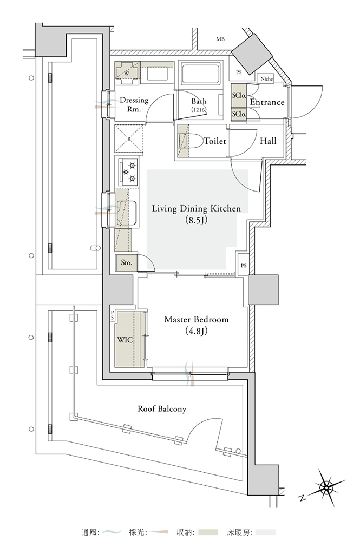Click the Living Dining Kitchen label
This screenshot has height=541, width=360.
tap(196, 214)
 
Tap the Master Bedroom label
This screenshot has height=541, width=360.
tap(197, 325)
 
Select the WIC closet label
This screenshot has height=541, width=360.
tap(125, 340)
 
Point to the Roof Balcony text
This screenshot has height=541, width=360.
tap(162, 409)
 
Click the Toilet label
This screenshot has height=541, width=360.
tap(215, 141)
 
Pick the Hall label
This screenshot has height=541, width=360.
tap(268, 141)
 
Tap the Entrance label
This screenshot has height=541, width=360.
tap(267, 102)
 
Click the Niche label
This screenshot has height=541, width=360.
tap(266, 78)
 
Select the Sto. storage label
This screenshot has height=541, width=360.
tap(126, 262)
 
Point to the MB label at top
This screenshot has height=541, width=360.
tap(220, 39)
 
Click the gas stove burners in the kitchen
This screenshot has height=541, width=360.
tap(129, 171)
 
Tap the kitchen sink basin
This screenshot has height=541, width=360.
tap(126, 213)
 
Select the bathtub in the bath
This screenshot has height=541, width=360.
tap(201, 73)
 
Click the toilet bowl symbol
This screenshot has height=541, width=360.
tap(192, 141)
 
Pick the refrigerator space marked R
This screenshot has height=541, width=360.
tap(129, 138)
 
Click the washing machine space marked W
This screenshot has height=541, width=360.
tap(127, 73)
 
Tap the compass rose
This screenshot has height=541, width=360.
tap(325, 487)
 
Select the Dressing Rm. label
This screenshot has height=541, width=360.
tap(134, 104)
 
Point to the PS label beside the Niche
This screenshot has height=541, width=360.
tap(239, 72)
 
